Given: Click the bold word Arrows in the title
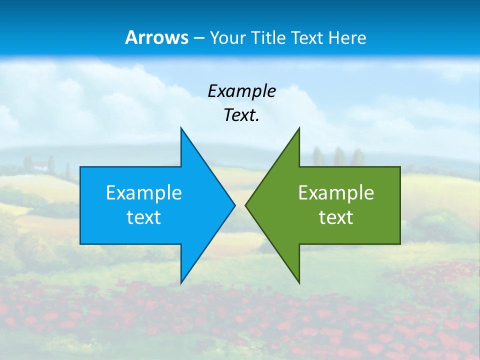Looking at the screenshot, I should tap(156, 37).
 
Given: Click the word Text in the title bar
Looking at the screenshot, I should tap(308, 38).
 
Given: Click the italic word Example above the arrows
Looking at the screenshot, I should tap(241, 91).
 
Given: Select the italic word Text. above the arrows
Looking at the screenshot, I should tap(241, 115).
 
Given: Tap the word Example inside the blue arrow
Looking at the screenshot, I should tap(144, 193).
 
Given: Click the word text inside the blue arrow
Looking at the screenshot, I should tap(144, 217).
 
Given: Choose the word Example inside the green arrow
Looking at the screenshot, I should tap(336, 193).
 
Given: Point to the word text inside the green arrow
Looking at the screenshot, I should tap(336, 217).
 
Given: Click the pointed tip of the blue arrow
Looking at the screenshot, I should tap(234, 205).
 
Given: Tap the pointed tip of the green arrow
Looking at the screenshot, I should tap(246, 205).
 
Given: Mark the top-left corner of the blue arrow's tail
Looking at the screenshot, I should tap(80, 167).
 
